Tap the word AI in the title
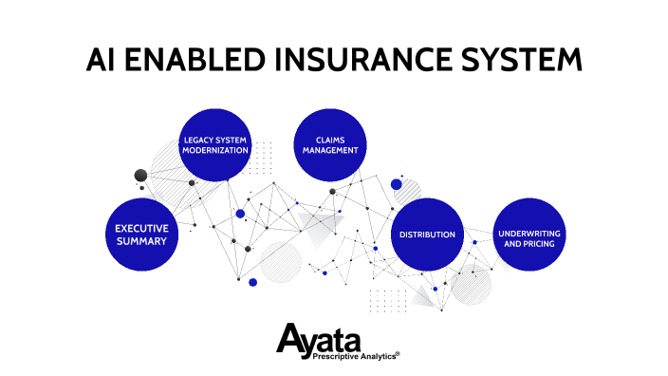pyautogui.click(x=102, y=59)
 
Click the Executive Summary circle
pyautogui.click(x=141, y=235)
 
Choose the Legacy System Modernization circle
pyautogui.click(x=215, y=144)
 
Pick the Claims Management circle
pyautogui.click(x=330, y=144)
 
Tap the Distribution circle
pyautogui.click(x=427, y=234)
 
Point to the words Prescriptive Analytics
pyautogui.click(x=346, y=357)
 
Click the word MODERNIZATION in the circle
pyautogui.click(x=215, y=150)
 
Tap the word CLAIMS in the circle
pyautogui.click(x=330, y=139)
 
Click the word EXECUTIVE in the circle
pyautogui.click(x=141, y=228)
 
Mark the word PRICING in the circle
pyautogui.click(x=541, y=244)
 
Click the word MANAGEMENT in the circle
pyautogui.click(x=330, y=150)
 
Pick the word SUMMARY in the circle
pyautogui.click(x=141, y=241)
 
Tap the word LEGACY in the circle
pyautogui.click(x=197, y=139)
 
